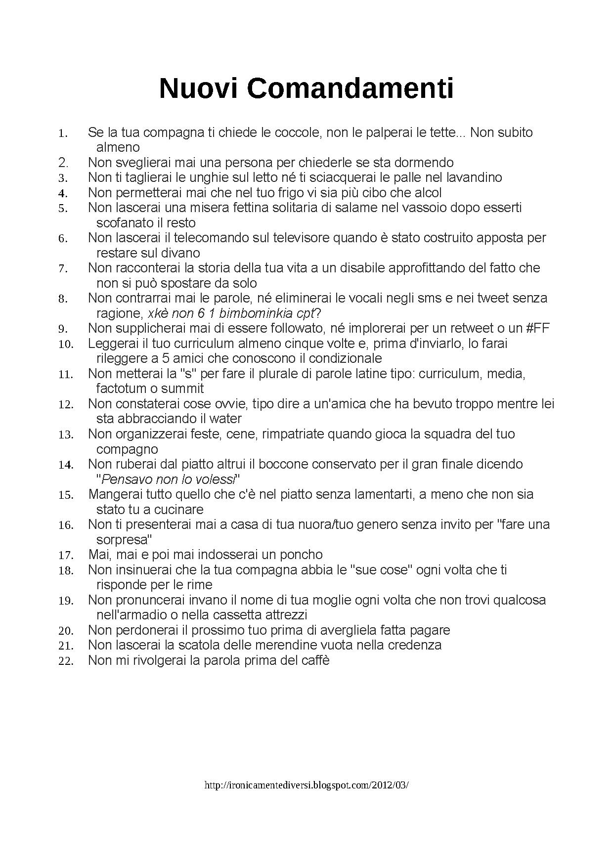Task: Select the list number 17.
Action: (66, 555)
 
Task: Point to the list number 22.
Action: (66, 661)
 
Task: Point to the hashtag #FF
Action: (535, 328)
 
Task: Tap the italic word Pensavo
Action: (126, 479)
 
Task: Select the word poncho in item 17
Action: (301, 555)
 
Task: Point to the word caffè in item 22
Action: (313, 660)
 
